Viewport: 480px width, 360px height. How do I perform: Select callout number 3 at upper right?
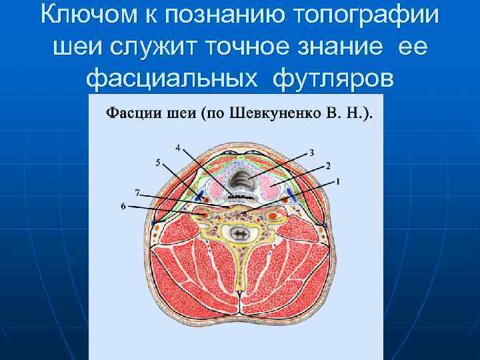[311, 152]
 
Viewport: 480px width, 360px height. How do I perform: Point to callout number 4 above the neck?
[177, 146]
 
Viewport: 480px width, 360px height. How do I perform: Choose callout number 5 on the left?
[157, 162]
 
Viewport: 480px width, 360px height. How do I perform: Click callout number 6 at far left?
[123, 207]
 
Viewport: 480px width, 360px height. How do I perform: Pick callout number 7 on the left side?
[137, 192]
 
